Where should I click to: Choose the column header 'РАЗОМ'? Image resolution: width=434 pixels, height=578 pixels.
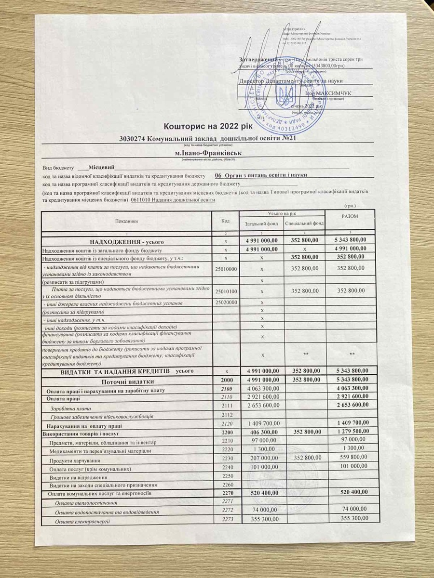(349, 217)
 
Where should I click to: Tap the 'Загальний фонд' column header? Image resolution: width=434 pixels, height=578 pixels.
(261, 223)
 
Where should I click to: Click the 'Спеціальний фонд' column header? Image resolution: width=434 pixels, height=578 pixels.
(304, 223)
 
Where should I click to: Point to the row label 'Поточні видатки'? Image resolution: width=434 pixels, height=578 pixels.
(128, 380)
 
